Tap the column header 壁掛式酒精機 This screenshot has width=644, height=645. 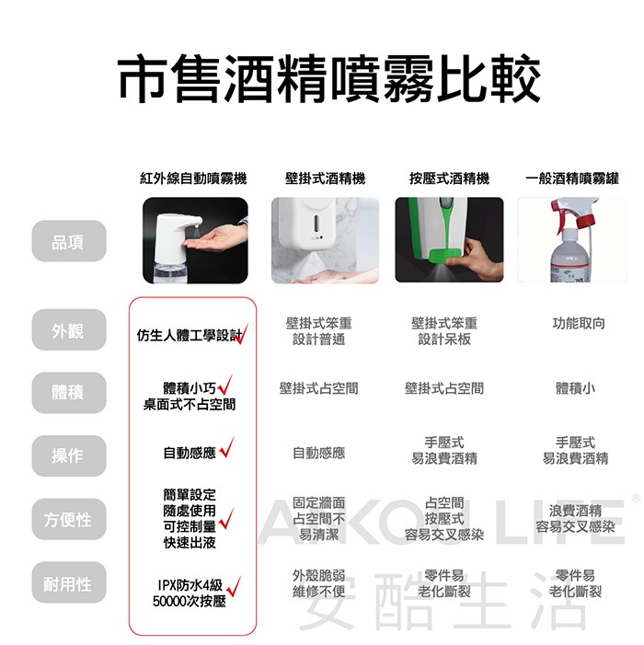coord(325,179)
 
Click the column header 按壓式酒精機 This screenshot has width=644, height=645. coord(449,179)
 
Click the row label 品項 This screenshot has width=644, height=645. coord(68,241)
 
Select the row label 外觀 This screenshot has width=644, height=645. coord(68,331)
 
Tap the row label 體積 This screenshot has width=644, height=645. coord(68,393)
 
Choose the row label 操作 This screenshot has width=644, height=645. coord(68,455)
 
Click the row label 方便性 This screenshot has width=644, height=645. coord(68,520)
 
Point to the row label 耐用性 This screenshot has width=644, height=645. coord(68,583)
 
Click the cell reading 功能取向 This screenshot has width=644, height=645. coord(578,324)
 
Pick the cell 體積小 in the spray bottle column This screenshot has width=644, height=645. coord(575,388)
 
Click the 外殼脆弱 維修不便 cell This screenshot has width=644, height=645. coord(318,583)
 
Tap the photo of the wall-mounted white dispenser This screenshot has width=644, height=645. coord(325,240)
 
